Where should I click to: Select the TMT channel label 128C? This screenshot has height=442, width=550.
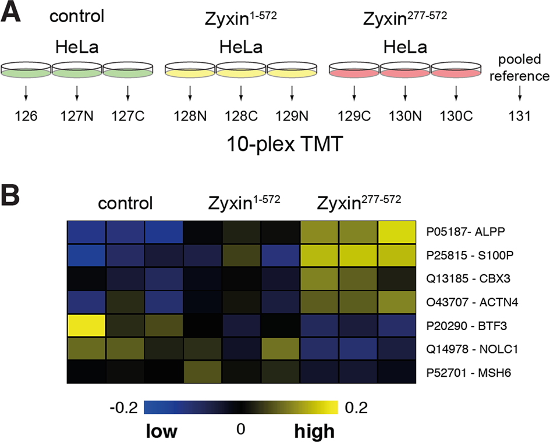(x=240, y=116)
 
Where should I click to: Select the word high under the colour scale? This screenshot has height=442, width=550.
(x=314, y=431)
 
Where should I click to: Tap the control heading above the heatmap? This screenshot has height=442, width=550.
(x=125, y=203)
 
